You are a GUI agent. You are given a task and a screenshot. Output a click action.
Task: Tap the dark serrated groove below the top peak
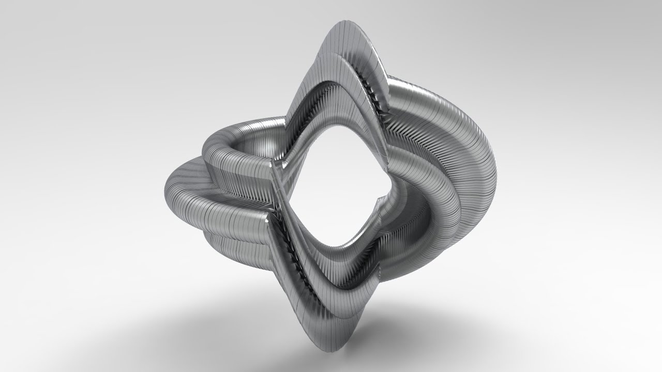[x=375, y=98]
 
